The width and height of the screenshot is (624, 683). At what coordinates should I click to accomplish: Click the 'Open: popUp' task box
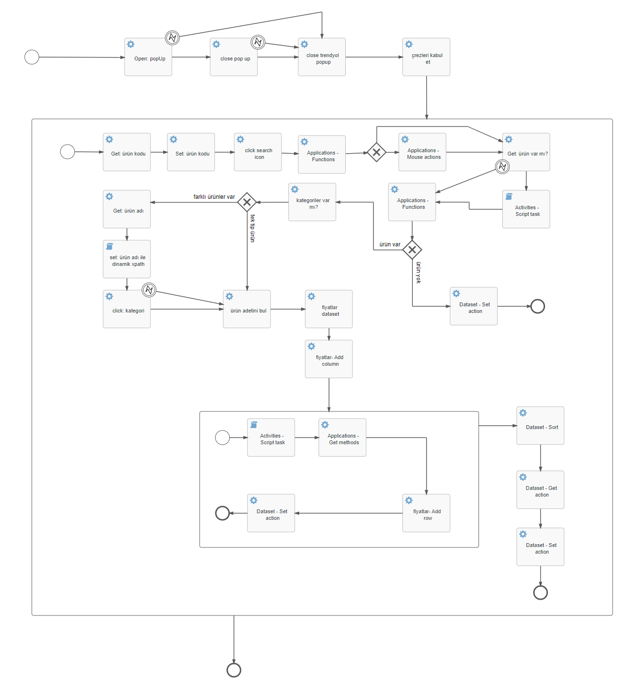(x=148, y=57)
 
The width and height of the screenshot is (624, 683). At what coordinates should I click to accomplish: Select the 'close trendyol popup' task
(x=322, y=57)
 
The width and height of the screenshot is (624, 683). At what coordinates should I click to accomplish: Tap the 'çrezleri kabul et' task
(x=426, y=57)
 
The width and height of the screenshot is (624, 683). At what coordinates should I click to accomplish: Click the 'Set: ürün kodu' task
(x=191, y=152)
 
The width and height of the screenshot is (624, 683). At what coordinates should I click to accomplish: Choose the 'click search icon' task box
(x=258, y=152)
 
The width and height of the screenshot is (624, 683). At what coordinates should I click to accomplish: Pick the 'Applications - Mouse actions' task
(x=422, y=152)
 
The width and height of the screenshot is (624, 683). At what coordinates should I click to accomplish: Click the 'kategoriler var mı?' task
(x=312, y=202)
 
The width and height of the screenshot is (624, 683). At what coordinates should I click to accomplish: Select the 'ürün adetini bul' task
(x=247, y=309)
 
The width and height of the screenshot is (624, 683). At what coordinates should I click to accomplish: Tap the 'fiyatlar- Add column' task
(x=329, y=359)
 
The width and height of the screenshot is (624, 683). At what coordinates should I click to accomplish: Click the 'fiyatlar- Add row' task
(x=426, y=513)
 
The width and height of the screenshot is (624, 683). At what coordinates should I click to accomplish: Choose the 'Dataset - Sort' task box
(x=540, y=426)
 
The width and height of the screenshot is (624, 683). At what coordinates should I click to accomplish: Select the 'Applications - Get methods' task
(x=342, y=438)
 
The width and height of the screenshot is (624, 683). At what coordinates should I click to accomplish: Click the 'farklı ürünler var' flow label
(x=214, y=197)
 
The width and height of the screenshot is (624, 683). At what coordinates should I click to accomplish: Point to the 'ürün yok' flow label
(x=419, y=273)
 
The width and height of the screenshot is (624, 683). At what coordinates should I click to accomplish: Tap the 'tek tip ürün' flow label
(x=253, y=228)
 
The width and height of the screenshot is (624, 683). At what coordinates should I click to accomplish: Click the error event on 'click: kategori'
(x=149, y=290)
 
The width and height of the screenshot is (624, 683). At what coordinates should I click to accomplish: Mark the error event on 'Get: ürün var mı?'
(x=502, y=166)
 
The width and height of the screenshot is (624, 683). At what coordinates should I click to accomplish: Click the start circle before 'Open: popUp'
(x=32, y=57)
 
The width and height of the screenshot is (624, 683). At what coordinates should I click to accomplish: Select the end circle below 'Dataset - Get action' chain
(x=540, y=593)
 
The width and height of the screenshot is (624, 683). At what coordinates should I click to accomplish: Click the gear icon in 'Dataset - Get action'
(x=523, y=477)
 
